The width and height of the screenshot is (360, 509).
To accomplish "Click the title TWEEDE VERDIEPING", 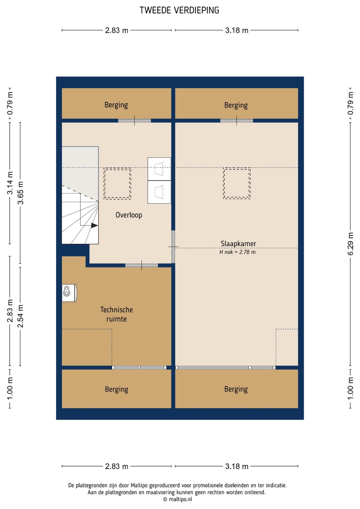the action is [179, 10].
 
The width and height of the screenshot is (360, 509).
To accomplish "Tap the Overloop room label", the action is [129, 215].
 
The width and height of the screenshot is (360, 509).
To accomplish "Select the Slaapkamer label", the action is [238, 243].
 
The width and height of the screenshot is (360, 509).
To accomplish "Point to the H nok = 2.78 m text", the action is [237, 252].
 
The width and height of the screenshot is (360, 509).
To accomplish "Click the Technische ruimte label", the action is [117, 314].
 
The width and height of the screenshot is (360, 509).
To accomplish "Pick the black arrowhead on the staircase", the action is [94, 225].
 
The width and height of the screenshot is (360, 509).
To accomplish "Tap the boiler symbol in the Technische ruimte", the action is [70, 293].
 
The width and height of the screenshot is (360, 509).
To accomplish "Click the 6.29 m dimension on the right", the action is [350, 244].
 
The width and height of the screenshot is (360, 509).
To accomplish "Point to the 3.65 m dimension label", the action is [21, 193].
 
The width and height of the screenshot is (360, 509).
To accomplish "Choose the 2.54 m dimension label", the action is [21, 316].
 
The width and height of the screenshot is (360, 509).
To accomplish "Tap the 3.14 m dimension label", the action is [10, 183].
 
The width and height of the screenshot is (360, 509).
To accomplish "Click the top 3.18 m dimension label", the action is [237, 30].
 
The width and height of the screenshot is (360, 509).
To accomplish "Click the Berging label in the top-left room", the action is [116, 105].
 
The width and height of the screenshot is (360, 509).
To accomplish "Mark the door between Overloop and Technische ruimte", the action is [142, 265].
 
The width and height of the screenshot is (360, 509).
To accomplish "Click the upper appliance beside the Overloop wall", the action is [159, 169].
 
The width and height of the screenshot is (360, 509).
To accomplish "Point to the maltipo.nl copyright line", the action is [177, 499].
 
